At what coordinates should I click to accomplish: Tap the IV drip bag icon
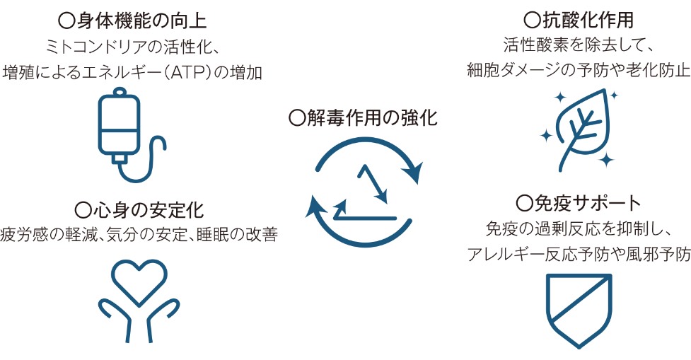click(132, 135)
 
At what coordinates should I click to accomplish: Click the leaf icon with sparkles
click(579, 130)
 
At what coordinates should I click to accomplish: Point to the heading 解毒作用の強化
click(373, 118)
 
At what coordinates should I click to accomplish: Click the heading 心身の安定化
click(149, 210)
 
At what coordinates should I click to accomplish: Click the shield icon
click(579, 311)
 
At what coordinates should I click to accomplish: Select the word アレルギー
click(505, 254)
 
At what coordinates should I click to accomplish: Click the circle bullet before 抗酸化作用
click(533, 21)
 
